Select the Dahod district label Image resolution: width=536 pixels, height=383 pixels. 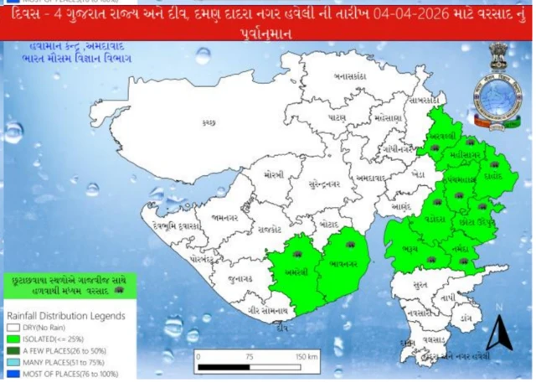pyautogui.click(x=491, y=177)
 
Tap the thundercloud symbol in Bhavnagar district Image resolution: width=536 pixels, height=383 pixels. pyautogui.click(x=350, y=245)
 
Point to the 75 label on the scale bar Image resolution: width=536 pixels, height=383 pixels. pyautogui.click(x=249, y=356)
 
